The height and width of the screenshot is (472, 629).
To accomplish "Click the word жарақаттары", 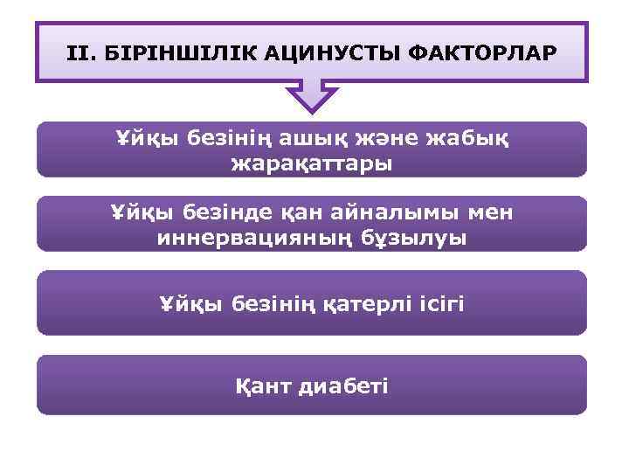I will pyautogui.click(x=312, y=163).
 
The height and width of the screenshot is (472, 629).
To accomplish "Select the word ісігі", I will pyautogui.click(x=439, y=304).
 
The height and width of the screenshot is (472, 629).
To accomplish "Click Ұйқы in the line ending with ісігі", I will pyautogui.click(x=186, y=304).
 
